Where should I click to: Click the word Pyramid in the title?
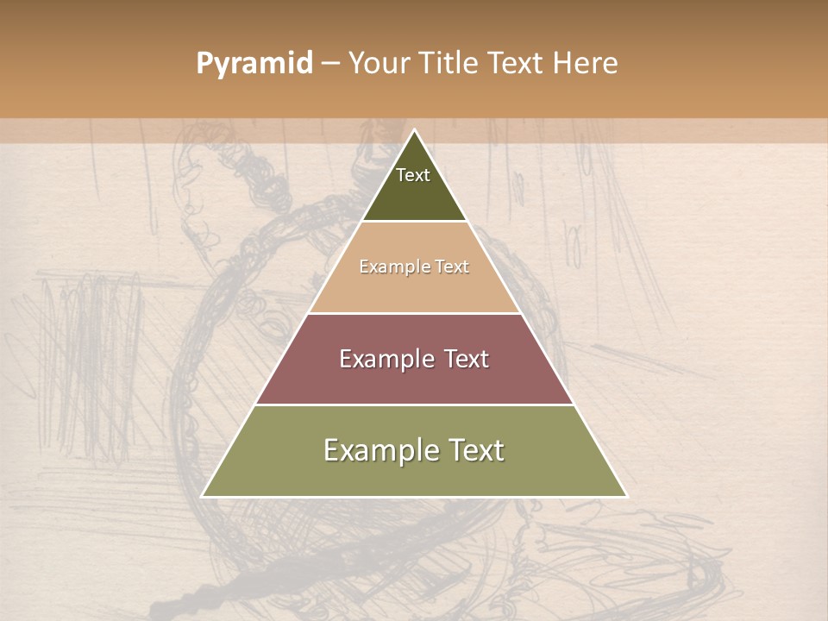pos(254,64)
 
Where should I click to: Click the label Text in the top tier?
pos(413,175)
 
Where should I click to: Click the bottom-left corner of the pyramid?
pos(203,496)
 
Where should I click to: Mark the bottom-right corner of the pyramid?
pos(626,496)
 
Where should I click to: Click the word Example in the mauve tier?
pos(385,359)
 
